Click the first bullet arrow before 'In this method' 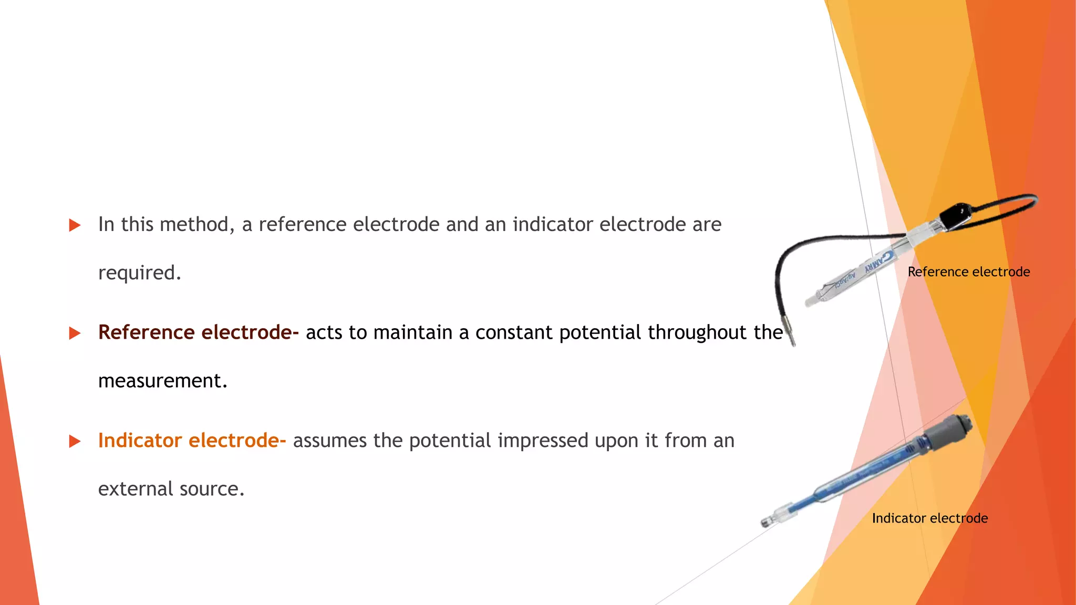pos(75,225)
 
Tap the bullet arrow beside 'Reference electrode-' pos(75,333)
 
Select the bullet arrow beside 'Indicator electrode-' pos(75,441)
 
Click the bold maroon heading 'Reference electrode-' pos(198,332)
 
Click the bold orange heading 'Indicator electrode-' pos(192,441)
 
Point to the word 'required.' pos(139,273)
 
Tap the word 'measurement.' pos(163,381)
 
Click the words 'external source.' pos(171,489)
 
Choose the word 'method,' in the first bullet pos(197,225)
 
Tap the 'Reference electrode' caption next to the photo pos(968,272)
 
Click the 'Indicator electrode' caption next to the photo pos(929,518)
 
